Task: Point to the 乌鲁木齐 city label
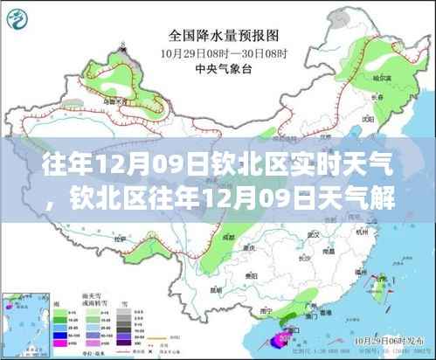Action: click(112, 101)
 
